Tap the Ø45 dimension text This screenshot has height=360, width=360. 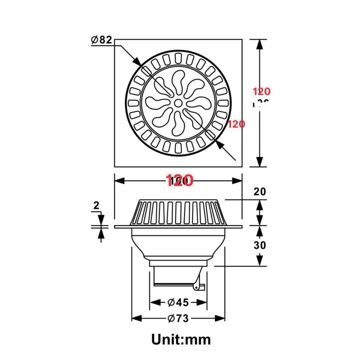tap(178, 302)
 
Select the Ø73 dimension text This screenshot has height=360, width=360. tap(178, 319)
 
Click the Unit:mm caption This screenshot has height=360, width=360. tap(181, 340)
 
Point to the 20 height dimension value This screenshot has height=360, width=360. tap(260, 192)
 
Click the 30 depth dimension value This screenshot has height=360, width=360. tap(260, 245)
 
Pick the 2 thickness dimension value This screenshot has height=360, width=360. tap(96, 206)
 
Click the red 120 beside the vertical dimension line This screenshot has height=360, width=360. tap(262, 92)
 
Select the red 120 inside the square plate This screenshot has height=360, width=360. tap(236, 124)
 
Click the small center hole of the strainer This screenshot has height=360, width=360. tap(179, 103)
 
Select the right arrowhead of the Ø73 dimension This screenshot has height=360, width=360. tap(220, 319)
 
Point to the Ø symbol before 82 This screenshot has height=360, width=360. tap(94, 40)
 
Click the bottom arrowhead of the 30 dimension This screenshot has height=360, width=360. tap(259, 262)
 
